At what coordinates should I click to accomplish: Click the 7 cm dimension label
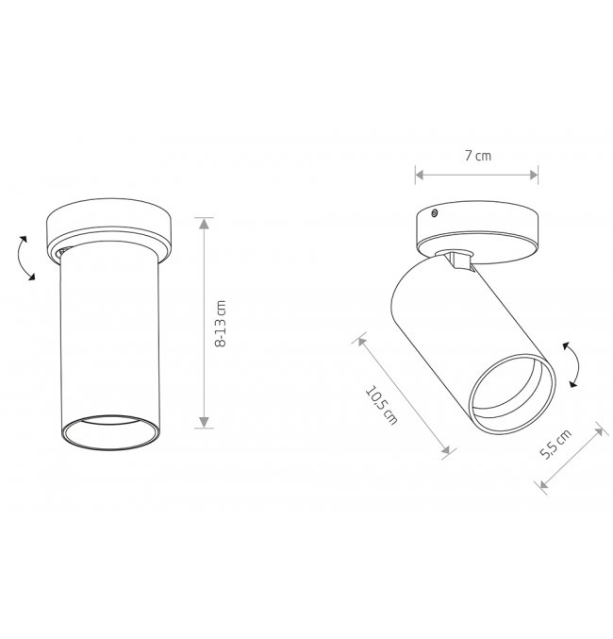(478, 156)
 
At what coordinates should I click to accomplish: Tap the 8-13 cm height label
(220, 324)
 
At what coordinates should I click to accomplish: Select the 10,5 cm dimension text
(381, 405)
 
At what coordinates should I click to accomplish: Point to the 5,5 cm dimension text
(555, 444)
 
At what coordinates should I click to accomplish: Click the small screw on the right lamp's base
(435, 212)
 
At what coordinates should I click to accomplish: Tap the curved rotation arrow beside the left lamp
(24, 258)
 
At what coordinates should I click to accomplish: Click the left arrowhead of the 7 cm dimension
(420, 175)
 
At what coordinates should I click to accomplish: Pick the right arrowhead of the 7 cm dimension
(533, 175)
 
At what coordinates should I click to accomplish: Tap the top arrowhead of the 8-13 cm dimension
(204, 223)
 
